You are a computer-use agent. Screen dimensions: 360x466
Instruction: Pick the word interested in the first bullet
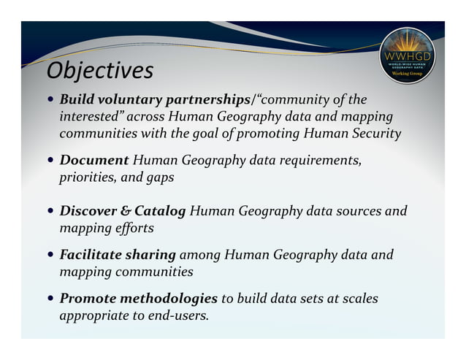(90, 117)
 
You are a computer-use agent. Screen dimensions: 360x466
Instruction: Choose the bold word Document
(94, 160)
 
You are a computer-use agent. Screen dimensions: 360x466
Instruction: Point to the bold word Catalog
(161, 212)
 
